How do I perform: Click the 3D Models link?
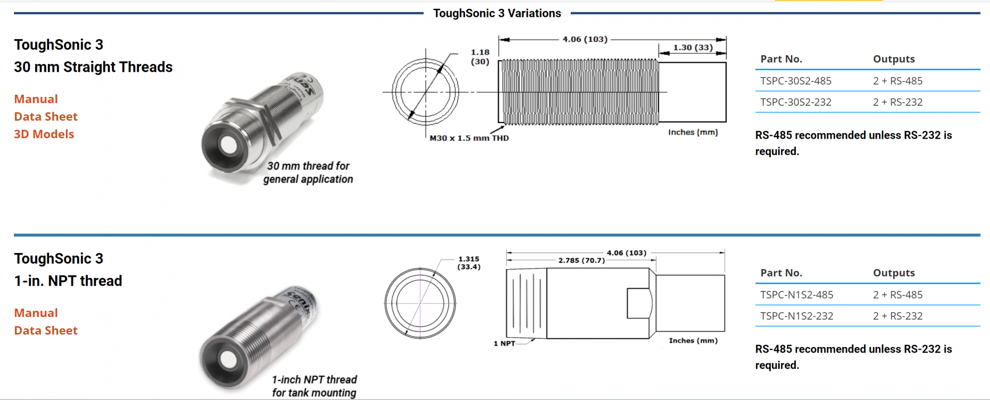[44, 134]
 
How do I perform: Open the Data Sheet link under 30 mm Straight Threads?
[46, 116]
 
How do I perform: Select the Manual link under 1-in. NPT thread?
[36, 313]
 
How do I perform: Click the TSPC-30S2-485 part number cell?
[796, 81]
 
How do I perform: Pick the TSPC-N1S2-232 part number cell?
[797, 316]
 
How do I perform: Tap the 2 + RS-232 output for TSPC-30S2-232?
[898, 102]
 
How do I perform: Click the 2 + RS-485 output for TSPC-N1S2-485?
[898, 295]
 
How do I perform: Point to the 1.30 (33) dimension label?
[692, 47]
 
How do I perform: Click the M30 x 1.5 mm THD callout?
[469, 138]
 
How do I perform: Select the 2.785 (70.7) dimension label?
[581, 260]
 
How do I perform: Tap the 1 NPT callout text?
[504, 343]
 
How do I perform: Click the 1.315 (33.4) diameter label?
[469, 263]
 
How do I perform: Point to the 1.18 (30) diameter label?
[480, 57]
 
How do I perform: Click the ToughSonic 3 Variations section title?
[497, 13]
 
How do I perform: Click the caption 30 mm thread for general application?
[308, 173]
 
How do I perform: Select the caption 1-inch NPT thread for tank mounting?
[314, 386]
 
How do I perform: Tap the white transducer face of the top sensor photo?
[228, 145]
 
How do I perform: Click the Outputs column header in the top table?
[894, 59]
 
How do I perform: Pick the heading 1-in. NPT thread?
[68, 281]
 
